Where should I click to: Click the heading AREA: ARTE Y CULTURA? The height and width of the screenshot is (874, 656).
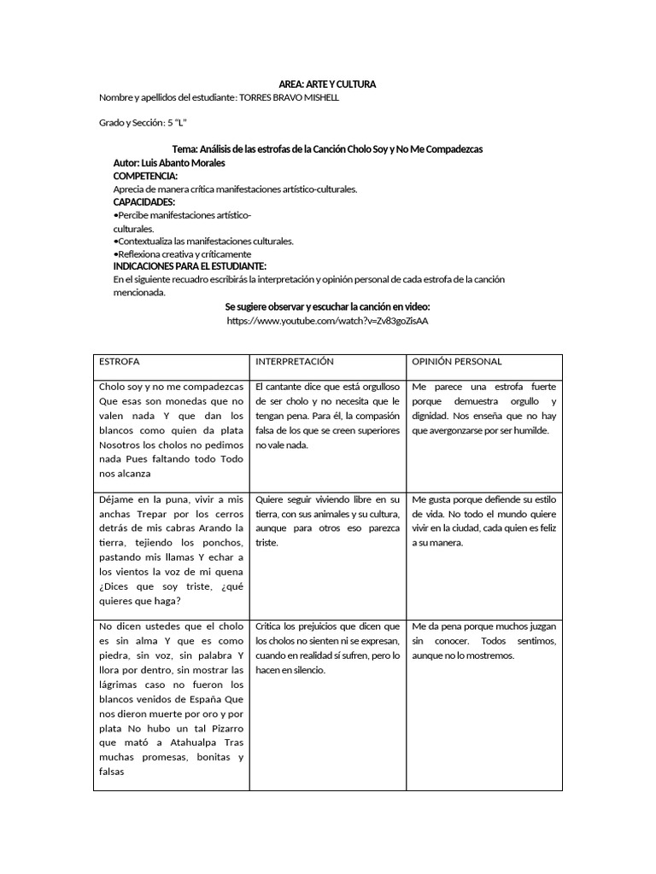[x=327, y=84]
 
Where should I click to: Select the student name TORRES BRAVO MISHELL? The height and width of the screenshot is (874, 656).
[x=290, y=97]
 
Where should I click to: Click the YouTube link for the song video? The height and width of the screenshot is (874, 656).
[x=327, y=320]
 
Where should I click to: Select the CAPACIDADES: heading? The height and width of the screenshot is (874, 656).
[x=143, y=201]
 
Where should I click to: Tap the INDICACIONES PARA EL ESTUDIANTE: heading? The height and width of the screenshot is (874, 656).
[x=190, y=266]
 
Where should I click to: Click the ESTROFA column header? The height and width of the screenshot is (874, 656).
[x=120, y=362]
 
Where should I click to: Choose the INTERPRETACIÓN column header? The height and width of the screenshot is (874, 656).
[x=294, y=362]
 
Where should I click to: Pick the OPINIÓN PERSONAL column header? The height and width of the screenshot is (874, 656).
[x=457, y=362]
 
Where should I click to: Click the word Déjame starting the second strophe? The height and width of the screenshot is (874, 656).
[x=117, y=498]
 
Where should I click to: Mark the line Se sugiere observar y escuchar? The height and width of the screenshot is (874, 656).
[x=327, y=306]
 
